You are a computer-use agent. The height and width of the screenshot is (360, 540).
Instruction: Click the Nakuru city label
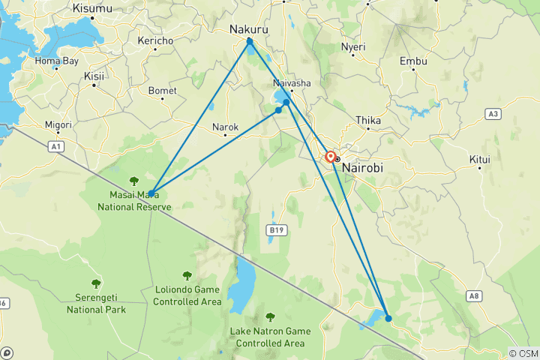(x=248, y=29)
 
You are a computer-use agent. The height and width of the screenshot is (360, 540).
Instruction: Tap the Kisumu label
(x=93, y=8)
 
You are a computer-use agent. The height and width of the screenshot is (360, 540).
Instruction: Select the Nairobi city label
(x=362, y=169)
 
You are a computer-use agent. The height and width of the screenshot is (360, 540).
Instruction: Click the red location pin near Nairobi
(x=330, y=157)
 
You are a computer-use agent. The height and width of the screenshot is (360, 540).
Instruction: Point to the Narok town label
(x=225, y=127)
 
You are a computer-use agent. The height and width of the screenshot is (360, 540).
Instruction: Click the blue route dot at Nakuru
(x=250, y=41)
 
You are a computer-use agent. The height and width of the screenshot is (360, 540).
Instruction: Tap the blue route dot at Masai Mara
(x=151, y=193)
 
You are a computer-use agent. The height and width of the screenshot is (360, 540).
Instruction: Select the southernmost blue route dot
(x=388, y=318)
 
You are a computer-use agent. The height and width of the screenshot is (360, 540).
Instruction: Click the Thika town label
(x=368, y=120)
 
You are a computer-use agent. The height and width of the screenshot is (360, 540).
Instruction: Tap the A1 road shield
(x=56, y=147)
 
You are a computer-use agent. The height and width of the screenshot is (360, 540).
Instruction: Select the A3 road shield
(x=492, y=114)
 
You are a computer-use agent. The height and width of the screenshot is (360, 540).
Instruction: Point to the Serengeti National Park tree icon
(x=96, y=283)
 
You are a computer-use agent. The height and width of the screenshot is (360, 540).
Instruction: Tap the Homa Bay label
(x=58, y=61)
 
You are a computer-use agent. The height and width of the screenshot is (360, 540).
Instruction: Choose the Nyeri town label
(x=352, y=46)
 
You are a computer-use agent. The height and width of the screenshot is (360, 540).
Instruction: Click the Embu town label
(x=412, y=61)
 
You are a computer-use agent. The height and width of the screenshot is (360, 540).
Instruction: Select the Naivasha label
(x=291, y=83)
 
